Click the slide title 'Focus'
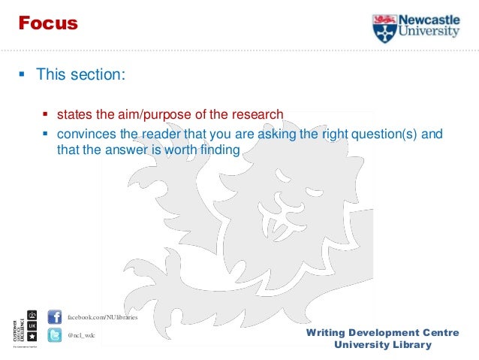(48, 23)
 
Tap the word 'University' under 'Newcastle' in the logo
(428, 33)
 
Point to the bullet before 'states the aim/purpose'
(45, 115)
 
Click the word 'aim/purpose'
(152, 114)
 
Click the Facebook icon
(54, 316)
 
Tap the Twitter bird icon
(54, 335)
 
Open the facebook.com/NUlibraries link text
(103, 317)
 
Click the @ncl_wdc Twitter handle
(82, 335)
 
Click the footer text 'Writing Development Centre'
(383, 332)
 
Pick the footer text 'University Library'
(383, 345)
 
